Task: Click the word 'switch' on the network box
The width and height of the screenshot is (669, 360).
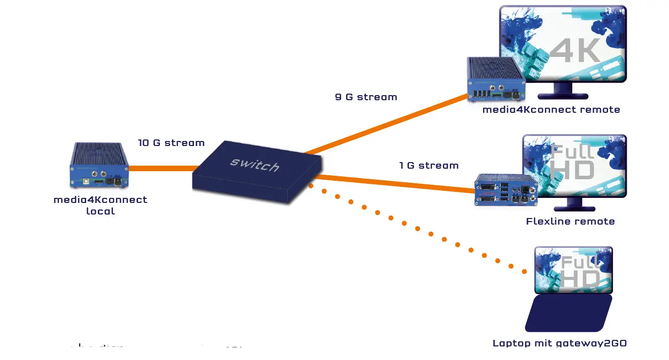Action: tap(254, 164)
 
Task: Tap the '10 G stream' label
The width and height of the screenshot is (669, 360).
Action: tap(171, 143)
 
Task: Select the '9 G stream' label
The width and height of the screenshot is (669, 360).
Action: tap(366, 97)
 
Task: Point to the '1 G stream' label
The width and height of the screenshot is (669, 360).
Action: tap(429, 166)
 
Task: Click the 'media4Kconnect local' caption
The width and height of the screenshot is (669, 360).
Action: tap(100, 205)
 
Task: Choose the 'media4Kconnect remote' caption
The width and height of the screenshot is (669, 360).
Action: tap(551, 110)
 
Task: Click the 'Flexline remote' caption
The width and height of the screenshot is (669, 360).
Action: tap(570, 222)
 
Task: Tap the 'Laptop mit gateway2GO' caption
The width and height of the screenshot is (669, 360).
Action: tap(559, 343)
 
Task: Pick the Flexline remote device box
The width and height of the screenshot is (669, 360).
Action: tap(506, 190)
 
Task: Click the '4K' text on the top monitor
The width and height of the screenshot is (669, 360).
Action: tap(574, 50)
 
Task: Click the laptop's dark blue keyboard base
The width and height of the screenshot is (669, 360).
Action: tap(568, 313)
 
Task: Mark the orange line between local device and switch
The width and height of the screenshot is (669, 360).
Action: tap(161, 168)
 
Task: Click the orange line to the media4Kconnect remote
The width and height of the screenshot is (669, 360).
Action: tap(388, 124)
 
